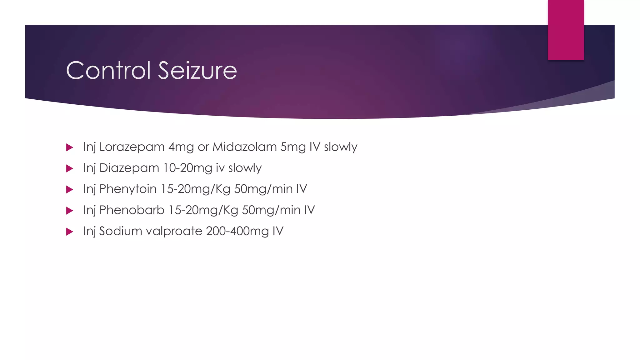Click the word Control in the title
coord(109,70)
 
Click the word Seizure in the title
coord(197,70)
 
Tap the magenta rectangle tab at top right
coord(566,30)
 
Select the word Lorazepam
coord(132,147)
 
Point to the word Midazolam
coord(245,147)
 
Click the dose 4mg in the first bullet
coord(181,147)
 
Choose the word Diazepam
coord(129,168)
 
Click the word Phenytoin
coord(128,189)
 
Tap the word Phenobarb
coord(132,210)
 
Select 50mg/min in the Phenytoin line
coord(263,189)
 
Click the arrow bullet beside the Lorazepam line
coord(70,147)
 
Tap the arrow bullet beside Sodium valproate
coord(70,232)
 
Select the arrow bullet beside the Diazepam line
coord(70,169)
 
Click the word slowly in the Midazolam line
coord(340,147)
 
